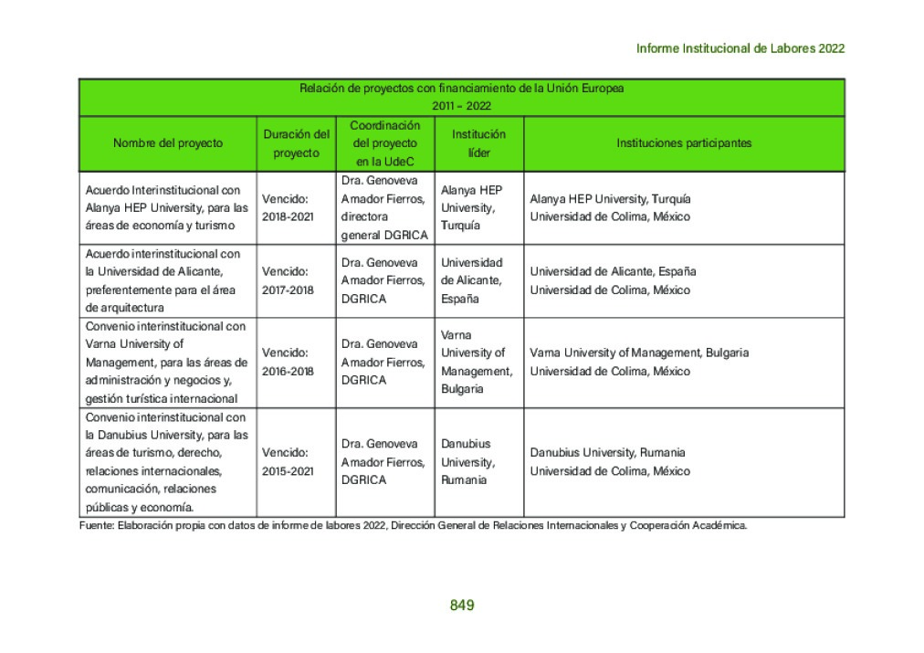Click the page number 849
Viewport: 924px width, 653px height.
462,605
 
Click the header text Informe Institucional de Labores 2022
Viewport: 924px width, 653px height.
740,48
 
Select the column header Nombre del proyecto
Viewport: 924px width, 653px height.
168,143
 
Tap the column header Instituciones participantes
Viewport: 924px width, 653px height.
684,143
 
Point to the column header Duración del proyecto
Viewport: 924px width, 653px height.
296,143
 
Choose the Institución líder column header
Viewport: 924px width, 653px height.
478,143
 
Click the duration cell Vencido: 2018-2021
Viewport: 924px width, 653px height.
288,207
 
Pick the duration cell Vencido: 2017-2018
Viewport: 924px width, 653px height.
288,280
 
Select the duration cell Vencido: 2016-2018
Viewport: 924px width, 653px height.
288,362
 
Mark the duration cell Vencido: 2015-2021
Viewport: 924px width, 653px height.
288,461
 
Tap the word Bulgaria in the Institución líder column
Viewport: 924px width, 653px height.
463,389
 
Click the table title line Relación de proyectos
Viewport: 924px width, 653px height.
462,89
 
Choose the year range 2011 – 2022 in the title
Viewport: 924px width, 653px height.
462,106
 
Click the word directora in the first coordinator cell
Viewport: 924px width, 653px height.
364,217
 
